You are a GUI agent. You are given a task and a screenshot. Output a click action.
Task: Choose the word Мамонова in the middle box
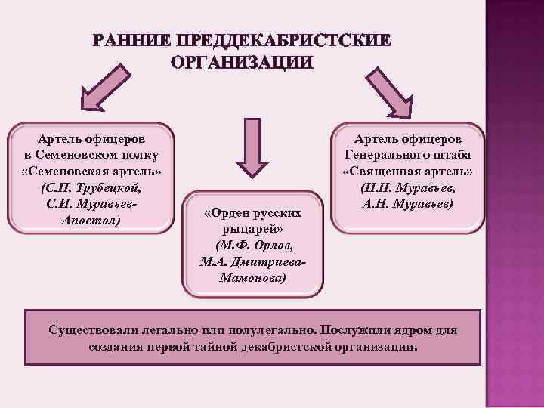pyautogui.click(x=253, y=278)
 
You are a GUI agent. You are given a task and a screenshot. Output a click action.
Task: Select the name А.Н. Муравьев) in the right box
pyautogui.click(x=407, y=204)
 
